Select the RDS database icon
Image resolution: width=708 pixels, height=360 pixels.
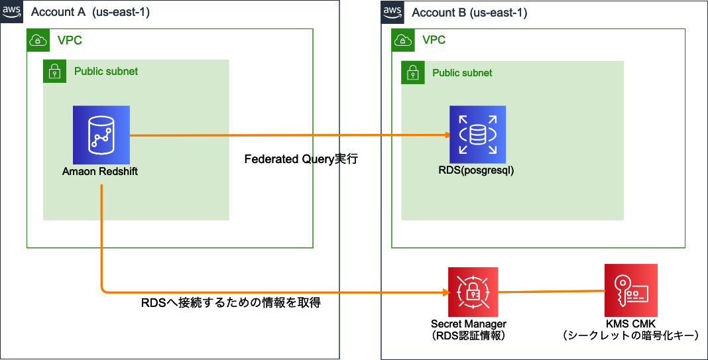tap(477, 134)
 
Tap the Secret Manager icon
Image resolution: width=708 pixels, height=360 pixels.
tap(473, 292)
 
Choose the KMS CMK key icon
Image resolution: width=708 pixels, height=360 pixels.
tap(630, 290)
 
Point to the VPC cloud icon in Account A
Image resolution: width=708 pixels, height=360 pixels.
tap(37, 40)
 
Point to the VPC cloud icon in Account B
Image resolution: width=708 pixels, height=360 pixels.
tap(402, 40)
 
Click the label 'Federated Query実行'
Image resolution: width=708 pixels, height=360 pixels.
tap(301, 160)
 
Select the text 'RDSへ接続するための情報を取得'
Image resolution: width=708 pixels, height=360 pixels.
tap(231, 303)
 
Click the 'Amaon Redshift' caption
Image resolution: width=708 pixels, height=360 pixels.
tap(100, 172)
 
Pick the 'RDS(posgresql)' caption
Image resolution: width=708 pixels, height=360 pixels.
tap(477, 170)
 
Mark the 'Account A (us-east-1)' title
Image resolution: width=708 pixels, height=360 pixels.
tap(90, 12)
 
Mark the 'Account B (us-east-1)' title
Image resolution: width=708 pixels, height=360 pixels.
tap(469, 13)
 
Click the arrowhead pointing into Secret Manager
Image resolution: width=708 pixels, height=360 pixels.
tap(445, 292)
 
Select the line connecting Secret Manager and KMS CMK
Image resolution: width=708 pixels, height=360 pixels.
tap(551, 291)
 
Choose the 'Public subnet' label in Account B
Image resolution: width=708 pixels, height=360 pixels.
tap(463, 73)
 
